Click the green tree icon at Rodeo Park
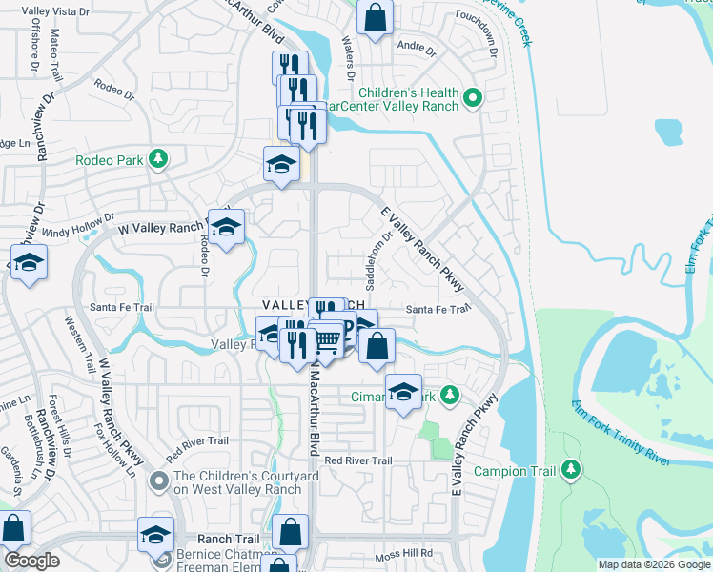pyautogui.click(x=159, y=159)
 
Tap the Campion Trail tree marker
pyautogui.click(x=571, y=469)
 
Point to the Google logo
pyautogui.click(x=31, y=561)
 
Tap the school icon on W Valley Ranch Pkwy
pyautogui.click(x=226, y=228)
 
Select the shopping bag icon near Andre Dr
pyautogui.click(x=376, y=16)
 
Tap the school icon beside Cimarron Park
pyautogui.click(x=403, y=392)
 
